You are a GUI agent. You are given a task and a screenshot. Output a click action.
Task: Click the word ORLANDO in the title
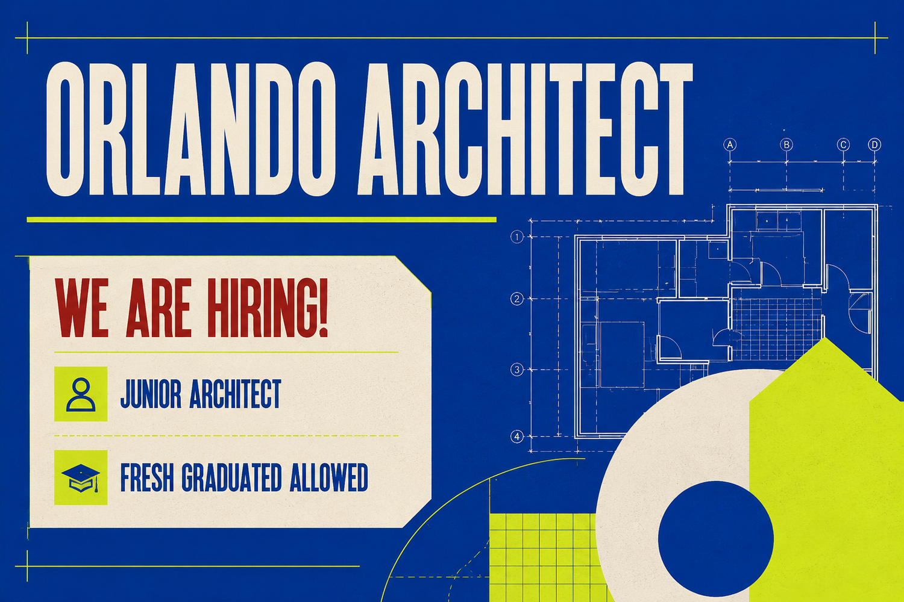click(191, 129)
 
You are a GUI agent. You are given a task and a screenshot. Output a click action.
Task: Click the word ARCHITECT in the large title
click(526, 129)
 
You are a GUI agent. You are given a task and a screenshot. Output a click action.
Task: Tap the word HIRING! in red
click(267, 308)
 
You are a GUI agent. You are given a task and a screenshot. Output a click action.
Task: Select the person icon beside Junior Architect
click(81, 394)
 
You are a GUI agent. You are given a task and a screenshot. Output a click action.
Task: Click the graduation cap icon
click(81, 478)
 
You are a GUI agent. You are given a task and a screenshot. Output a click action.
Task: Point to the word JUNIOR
click(151, 394)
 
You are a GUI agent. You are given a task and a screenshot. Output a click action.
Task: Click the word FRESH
click(147, 477)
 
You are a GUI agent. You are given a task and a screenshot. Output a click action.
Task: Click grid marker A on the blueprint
click(730, 144)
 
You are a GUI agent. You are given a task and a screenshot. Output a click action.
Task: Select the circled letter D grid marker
click(874, 144)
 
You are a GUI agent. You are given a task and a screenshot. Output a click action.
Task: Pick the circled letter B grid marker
click(786, 144)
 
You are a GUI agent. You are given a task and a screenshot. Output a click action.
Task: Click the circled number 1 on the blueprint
click(517, 237)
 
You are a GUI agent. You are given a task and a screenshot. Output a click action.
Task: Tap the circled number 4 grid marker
click(517, 436)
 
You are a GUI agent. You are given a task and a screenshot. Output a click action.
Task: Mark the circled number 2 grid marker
click(517, 299)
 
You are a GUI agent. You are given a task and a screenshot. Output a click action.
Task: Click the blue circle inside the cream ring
click(716, 539)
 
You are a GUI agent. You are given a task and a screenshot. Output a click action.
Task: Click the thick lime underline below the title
click(262, 220)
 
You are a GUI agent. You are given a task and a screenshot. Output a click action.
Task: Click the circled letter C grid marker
click(843, 144)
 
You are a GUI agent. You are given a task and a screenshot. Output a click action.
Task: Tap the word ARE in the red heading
click(158, 308)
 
